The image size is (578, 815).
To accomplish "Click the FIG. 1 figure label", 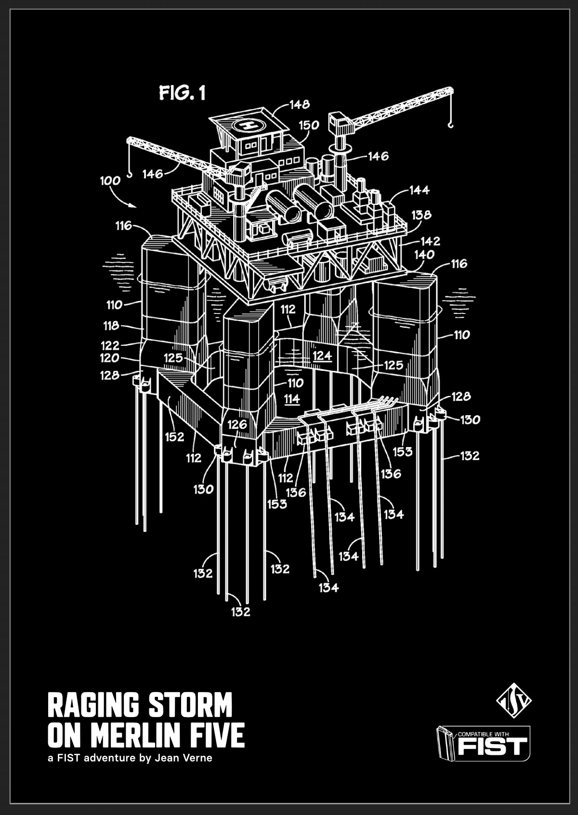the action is pos(182,93).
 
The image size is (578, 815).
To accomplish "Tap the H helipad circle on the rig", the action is pos(249,125).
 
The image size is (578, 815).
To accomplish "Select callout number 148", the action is pos(299,104).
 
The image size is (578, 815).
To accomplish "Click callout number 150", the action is pos(309,125).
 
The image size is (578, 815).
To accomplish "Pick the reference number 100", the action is pos(110,181).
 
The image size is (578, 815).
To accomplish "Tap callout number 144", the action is pos(419,190).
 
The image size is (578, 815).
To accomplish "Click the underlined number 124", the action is pos(322,356).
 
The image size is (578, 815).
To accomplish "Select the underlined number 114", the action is pos(292,399).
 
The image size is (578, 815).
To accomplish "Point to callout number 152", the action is pos(174,436).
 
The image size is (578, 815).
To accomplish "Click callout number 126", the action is pos(237,424).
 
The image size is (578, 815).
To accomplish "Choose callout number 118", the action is pos(111,326).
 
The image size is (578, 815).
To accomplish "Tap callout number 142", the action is pos(430,241).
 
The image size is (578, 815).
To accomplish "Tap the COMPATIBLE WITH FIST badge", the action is pos(483,743).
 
